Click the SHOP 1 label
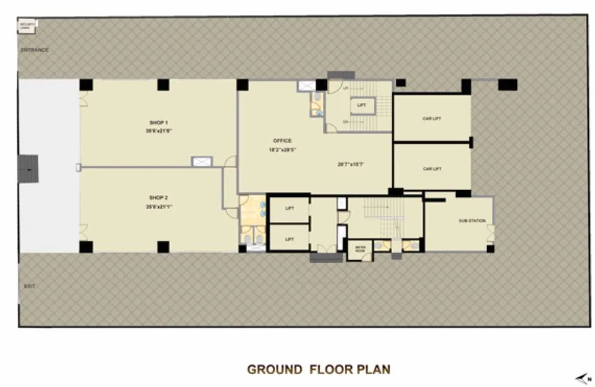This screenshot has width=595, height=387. click(x=158, y=122)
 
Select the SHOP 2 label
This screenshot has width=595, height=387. click(x=158, y=197)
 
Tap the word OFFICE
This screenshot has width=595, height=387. click(x=282, y=141)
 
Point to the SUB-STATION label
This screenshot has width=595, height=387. click(x=472, y=221)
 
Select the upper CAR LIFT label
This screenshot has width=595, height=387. click(x=432, y=118)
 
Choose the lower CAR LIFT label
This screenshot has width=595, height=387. click(x=432, y=168)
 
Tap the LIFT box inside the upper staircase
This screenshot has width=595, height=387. click(x=362, y=105)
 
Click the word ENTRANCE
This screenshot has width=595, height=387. click(x=34, y=49)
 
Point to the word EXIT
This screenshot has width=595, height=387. click(x=29, y=285)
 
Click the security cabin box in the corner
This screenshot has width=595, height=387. click(x=28, y=26)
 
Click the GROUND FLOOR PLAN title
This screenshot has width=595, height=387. click(x=318, y=369)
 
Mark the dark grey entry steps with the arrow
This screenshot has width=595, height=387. click(x=28, y=168)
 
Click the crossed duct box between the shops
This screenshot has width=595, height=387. click(x=201, y=162)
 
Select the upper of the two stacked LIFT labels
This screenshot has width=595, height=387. click(x=289, y=208)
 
